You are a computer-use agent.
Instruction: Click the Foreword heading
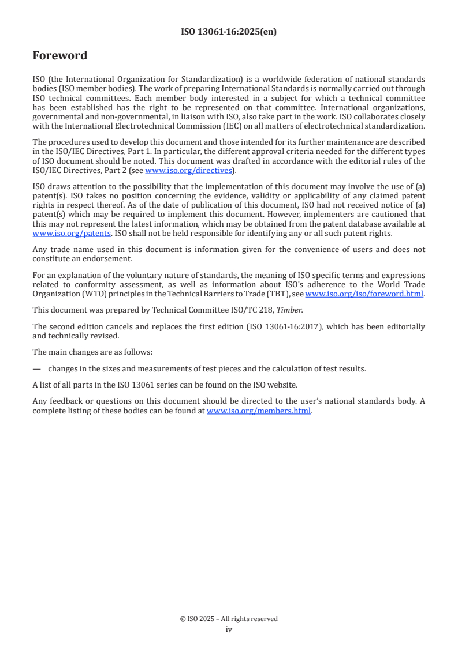(59, 56)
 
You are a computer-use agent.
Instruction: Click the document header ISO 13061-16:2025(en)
(229, 32)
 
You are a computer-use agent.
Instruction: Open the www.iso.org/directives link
(188, 170)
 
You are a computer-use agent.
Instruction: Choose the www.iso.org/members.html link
(259, 411)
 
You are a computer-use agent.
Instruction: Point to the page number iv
(229, 629)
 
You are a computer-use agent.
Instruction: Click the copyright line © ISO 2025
(229, 619)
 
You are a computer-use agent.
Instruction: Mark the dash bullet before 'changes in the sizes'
(36, 368)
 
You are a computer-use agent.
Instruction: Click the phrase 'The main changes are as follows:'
(86, 352)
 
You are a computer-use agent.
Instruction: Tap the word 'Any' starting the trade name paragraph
(39, 250)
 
